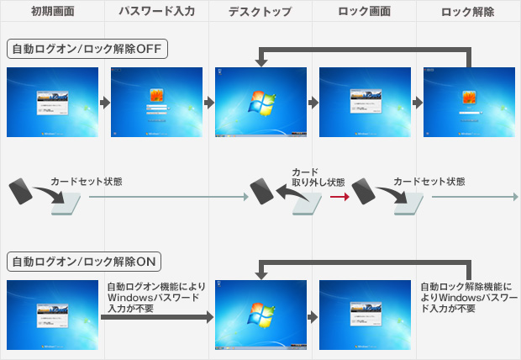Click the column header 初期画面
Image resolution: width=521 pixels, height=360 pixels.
pyautogui.click(x=52, y=12)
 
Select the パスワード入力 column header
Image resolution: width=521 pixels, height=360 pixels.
pyautogui.click(x=156, y=12)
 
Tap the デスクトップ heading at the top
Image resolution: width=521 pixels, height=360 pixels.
pyautogui.click(x=260, y=12)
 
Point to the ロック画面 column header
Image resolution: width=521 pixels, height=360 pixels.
pyautogui.click(x=364, y=12)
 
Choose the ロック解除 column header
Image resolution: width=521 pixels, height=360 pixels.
pyautogui.click(x=467, y=12)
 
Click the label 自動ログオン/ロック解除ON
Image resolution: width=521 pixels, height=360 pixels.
pyautogui.click(x=85, y=261)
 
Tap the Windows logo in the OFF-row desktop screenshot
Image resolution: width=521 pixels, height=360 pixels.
pyautogui.click(x=260, y=103)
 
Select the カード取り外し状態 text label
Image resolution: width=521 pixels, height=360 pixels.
pyautogui.click(x=317, y=177)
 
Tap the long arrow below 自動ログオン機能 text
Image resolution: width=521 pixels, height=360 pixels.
pyautogui.click(x=155, y=319)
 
